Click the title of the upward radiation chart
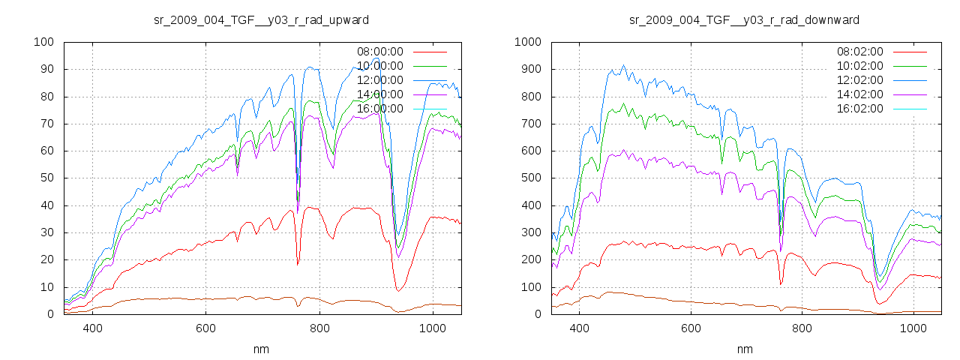[x=260, y=19]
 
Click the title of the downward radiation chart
[x=744, y=19]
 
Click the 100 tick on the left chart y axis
[x=43, y=42]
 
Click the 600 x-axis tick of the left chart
[x=206, y=328]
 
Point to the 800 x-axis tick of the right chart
[x=802, y=328]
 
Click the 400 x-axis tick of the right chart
[x=579, y=328]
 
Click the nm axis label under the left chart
[x=262, y=349]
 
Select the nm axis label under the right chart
[x=745, y=349]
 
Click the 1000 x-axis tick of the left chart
[x=433, y=328]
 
